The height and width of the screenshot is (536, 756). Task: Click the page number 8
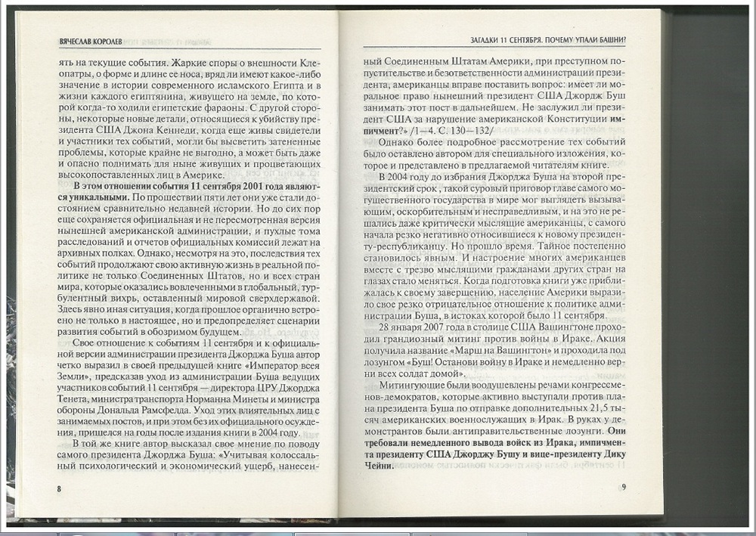click(59, 488)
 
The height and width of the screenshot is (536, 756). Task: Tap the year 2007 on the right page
click(431, 327)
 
